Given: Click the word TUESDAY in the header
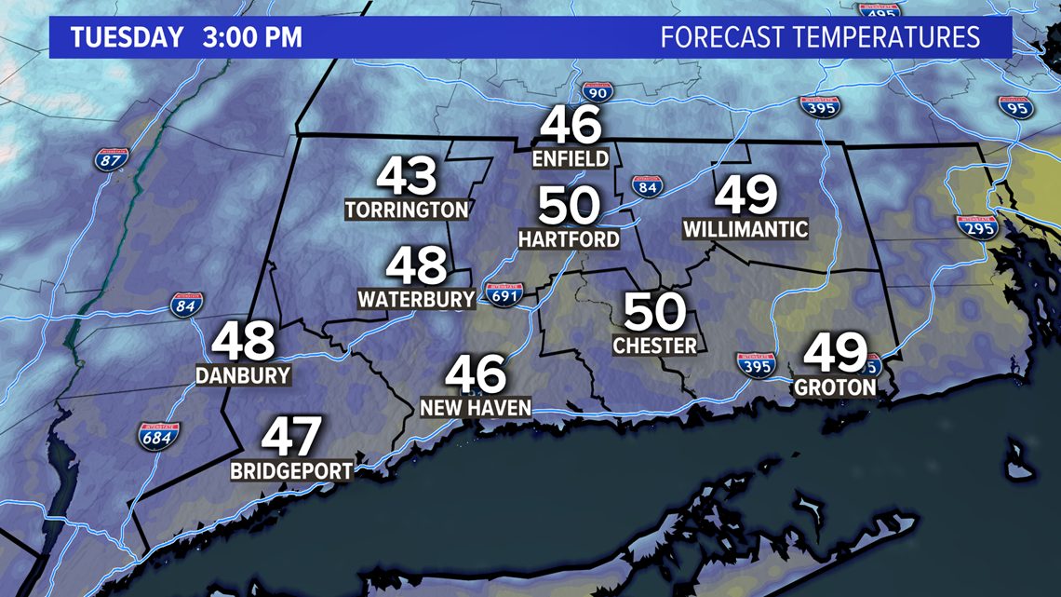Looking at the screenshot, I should [128, 38].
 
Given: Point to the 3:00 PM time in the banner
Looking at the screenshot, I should [250, 38].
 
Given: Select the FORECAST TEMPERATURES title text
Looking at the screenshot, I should [820, 38].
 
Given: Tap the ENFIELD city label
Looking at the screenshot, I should [571, 158].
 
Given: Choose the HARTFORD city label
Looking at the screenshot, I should [569, 239].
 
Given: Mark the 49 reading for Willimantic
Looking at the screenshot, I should [745, 196].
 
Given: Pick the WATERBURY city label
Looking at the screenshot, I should [417, 299].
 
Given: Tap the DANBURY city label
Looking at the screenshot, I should [243, 375].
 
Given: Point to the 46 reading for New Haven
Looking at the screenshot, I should [476, 374].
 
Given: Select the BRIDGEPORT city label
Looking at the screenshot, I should [292, 470].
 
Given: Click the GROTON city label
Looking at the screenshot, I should [835, 387].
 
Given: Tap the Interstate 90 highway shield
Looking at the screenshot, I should [598, 92].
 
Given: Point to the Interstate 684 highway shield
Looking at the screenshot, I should [159, 435].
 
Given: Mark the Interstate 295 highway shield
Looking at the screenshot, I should [976, 226].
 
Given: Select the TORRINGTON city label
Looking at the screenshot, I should [407, 210].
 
